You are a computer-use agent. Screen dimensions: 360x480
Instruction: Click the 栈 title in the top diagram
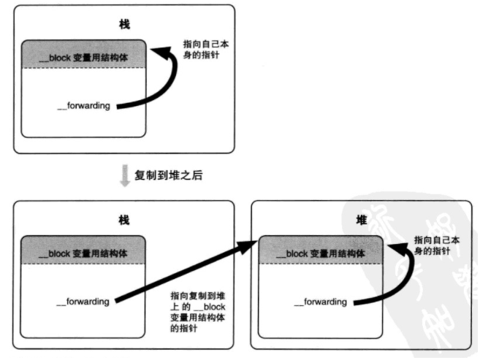pyautogui.click(x=123, y=24)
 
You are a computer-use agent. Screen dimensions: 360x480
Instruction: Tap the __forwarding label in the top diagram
pyautogui.click(x=83, y=106)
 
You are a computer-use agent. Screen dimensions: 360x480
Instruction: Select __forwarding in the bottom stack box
pyautogui.click(x=83, y=301)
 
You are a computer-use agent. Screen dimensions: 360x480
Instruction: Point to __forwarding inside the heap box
pyautogui.click(x=321, y=301)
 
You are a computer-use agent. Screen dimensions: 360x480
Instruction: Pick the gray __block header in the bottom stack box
pyautogui.click(x=84, y=253)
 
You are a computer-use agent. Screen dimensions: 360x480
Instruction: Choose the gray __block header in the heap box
pyautogui.click(x=321, y=253)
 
